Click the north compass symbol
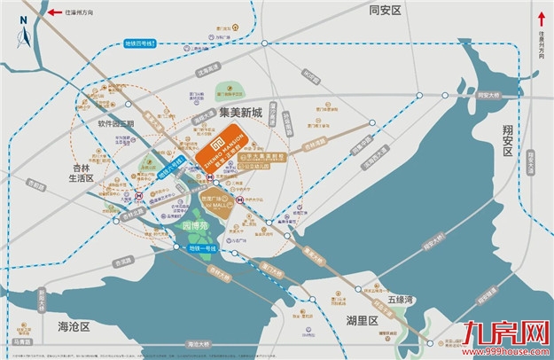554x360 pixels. pyautogui.click(x=24, y=36)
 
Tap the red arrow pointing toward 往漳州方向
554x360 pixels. pyautogui.click(x=55, y=13)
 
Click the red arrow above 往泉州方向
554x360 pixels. pyautogui.click(x=539, y=18)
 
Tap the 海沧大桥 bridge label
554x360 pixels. pyautogui.click(x=198, y=344)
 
